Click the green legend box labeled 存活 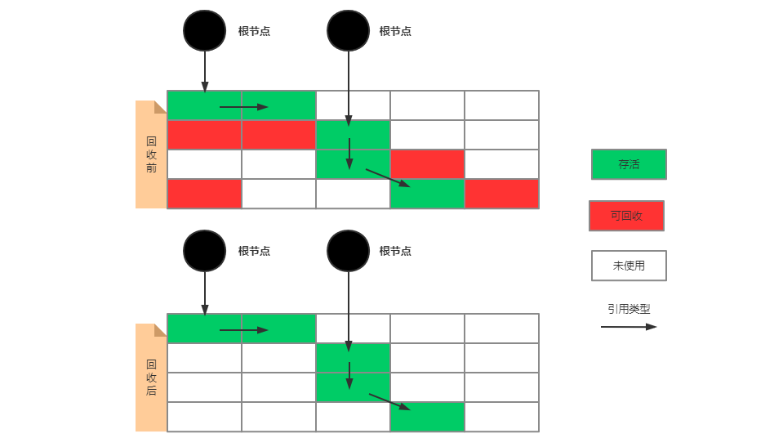[x=629, y=164]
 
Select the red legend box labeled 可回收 [x=626, y=216]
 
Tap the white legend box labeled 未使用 [x=629, y=266]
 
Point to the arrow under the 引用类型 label [x=628, y=327]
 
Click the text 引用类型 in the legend [x=629, y=309]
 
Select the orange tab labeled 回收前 [x=151, y=154]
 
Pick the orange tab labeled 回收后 [x=151, y=378]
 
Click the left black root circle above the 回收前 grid [x=204, y=31]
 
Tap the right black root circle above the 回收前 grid [x=349, y=31]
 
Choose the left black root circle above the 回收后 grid [x=204, y=251]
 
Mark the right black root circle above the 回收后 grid [x=349, y=251]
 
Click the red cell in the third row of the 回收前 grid [x=427, y=164]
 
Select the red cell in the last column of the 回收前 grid [x=501, y=194]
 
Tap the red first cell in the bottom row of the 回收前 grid [x=204, y=194]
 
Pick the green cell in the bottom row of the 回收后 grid [x=427, y=417]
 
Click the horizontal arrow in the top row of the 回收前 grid [x=243, y=107]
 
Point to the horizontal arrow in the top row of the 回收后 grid [x=243, y=330]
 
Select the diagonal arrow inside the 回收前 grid [x=387, y=177]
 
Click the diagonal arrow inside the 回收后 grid [x=389, y=401]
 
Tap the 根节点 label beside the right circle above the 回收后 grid [x=395, y=251]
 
